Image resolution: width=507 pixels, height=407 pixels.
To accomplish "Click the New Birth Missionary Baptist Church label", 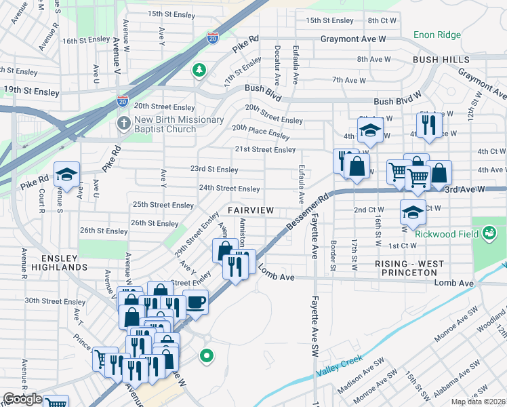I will tap(179, 125).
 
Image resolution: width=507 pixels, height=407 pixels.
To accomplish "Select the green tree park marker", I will tap(199, 69).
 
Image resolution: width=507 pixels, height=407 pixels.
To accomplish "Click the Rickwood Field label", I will tap(452, 235).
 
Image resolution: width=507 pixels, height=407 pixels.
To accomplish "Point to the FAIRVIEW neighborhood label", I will tap(250, 211).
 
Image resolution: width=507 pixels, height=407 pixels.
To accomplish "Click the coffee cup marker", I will tap(195, 301).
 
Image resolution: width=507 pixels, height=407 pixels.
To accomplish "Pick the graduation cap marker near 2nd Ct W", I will tap(413, 213).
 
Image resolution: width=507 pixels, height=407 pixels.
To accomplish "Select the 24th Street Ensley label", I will tap(228, 189).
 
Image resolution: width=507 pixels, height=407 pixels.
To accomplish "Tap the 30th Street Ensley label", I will tap(55, 301).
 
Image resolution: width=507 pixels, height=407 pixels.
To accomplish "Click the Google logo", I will tap(22, 399).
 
